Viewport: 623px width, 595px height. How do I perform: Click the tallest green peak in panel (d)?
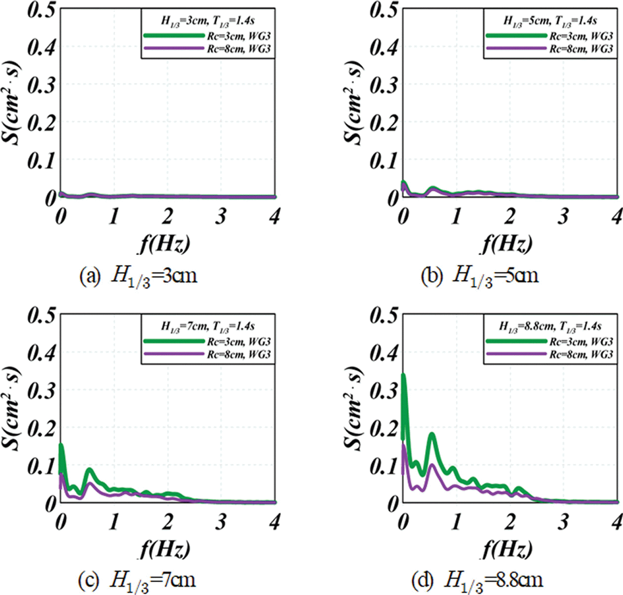403,375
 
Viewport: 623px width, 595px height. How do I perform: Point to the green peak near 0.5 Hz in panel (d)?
432,434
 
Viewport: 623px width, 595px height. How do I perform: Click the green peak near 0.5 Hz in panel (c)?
89,470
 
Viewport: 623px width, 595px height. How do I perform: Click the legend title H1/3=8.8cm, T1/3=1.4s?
550,327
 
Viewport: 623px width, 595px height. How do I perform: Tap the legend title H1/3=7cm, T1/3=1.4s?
208,327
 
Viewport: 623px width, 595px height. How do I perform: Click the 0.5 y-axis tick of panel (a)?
41,9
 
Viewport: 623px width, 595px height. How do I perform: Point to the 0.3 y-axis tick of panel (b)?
384,85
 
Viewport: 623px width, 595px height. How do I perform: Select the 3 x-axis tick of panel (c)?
221,522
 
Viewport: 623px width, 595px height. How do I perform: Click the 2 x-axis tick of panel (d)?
510,522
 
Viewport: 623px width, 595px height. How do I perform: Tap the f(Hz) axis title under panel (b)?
508,244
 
